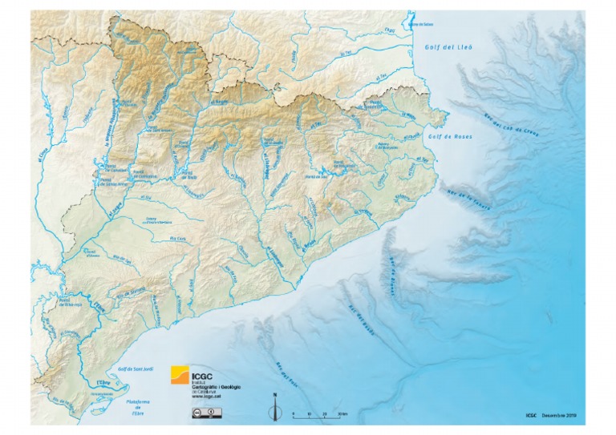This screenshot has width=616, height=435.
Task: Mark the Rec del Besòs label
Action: [354, 304]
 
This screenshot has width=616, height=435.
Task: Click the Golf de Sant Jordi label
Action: [134, 368]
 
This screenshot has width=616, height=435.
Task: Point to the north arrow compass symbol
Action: [274, 407]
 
